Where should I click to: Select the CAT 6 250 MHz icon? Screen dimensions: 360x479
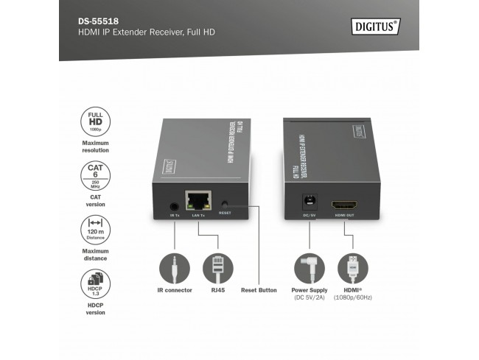95,177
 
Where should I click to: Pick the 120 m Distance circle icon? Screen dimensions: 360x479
95,230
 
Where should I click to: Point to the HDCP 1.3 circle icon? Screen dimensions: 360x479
95,284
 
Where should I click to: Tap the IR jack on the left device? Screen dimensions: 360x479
175,206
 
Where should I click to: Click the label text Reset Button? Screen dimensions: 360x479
259,290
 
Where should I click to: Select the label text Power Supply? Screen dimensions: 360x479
310,290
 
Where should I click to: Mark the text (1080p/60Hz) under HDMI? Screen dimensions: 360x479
353,298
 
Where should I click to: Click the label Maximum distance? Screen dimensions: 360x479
95,255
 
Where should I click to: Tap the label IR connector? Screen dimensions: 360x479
175,290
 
